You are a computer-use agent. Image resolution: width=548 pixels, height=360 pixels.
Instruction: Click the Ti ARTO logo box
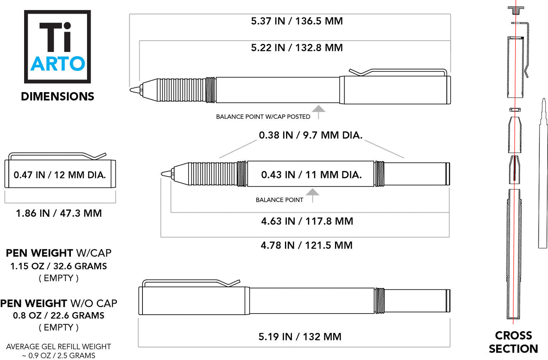pos(57,46)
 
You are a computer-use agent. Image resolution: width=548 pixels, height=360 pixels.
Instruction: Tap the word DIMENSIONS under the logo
pos(57,96)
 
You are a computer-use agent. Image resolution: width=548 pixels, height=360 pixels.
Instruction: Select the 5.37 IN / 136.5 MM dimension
pos(297,21)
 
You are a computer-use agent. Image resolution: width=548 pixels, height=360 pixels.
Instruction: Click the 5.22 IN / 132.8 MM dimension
pos(297,48)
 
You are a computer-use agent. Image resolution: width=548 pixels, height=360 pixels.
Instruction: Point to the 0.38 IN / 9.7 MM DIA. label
pos(311,135)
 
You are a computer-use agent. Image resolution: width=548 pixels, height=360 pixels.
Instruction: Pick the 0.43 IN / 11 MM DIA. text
pos(311,175)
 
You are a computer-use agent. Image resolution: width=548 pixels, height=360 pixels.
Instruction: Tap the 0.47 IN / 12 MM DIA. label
pos(60,175)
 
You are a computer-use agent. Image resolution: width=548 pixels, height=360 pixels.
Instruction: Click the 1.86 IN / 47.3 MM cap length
pos(59,213)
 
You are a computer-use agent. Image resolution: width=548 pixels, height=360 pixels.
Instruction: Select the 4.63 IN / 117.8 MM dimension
pos(307,221)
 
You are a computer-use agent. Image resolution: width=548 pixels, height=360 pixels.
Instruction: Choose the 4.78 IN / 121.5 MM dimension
pos(307,245)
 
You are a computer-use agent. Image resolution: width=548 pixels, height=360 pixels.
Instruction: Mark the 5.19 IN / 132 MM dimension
pos(300,337)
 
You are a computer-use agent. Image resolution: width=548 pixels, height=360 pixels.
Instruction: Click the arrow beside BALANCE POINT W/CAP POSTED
pos(319,111)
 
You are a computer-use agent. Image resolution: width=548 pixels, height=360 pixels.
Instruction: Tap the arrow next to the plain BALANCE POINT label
pos(312,194)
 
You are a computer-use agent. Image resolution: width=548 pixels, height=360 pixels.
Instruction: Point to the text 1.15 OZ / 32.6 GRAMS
pos(58,266)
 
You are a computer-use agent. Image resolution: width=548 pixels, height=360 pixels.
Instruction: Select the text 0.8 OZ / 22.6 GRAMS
pos(58,315)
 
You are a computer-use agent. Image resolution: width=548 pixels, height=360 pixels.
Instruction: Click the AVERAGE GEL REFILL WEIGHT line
pos(58,346)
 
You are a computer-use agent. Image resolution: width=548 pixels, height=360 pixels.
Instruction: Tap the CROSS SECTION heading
pos(513,342)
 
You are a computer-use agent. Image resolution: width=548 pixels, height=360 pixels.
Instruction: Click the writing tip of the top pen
pos(134,90)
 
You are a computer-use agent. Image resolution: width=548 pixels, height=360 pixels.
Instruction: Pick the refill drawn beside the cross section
pos(543,175)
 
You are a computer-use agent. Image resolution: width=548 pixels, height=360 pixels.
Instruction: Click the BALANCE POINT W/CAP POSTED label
pos(263,117)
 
